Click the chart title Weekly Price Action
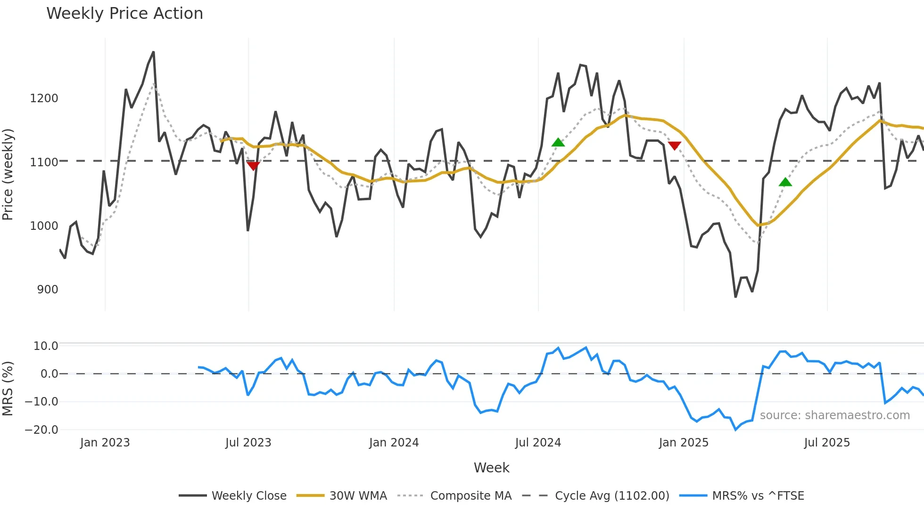(124, 14)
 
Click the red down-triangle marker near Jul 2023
(253, 166)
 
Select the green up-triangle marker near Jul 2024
(558, 142)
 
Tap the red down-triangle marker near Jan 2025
(675, 146)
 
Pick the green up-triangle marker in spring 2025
(785, 182)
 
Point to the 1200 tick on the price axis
(44, 98)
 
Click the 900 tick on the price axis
(48, 290)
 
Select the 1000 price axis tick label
(44, 226)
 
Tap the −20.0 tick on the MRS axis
(41, 430)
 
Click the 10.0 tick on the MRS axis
(45, 346)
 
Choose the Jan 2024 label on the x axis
(394, 443)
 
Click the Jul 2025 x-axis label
(827, 443)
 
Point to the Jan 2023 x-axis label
(105, 443)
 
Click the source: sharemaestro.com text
(834, 415)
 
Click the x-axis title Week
(491, 468)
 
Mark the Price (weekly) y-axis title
(8, 174)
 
